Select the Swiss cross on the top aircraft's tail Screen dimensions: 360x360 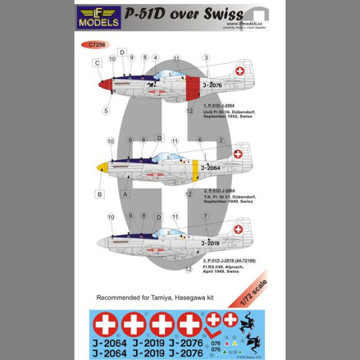240,70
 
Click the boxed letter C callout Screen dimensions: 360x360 97,63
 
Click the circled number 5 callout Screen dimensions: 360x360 105,111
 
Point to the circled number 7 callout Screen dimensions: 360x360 206,216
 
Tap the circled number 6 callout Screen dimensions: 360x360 200,140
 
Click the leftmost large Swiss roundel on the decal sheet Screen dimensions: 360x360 103,324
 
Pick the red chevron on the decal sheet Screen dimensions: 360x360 213,321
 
